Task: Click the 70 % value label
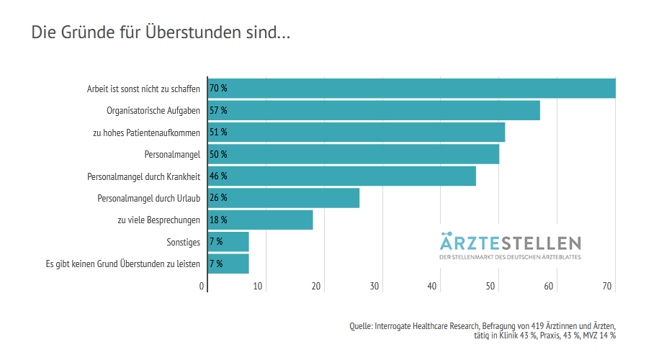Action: pos(218,89)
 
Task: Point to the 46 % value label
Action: pos(218,176)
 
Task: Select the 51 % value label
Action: pos(218,132)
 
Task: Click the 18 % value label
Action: pos(218,220)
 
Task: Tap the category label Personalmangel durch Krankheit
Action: pos(143,176)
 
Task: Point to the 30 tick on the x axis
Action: pos(375,287)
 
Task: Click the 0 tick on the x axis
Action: pos(202,287)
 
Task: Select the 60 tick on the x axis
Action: pos(549,287)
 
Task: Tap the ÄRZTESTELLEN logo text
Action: pos(510,241)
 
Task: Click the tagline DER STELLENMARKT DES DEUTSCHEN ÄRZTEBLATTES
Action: pos(510,256)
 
